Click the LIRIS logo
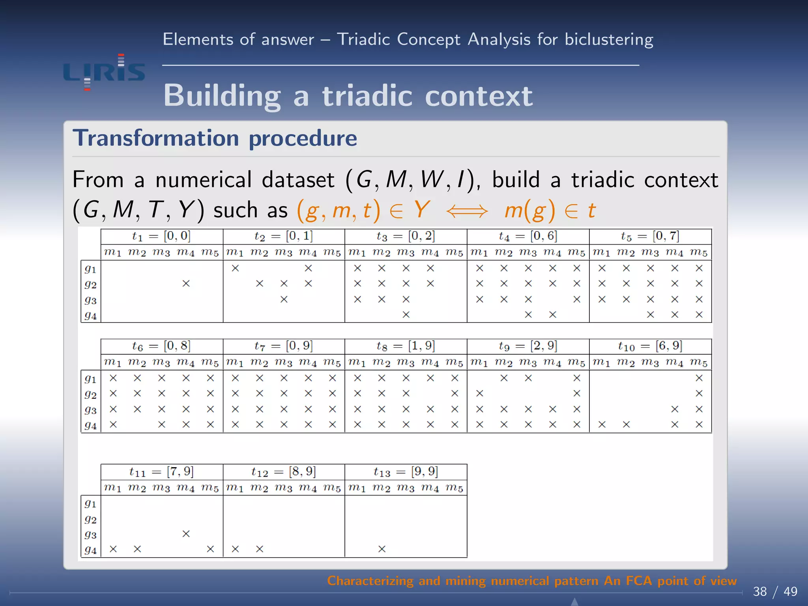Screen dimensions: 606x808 pos(104,72)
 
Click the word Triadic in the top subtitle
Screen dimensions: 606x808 pos(363,39)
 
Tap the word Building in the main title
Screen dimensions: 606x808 pos(222,96)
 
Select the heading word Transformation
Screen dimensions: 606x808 pos(156,138)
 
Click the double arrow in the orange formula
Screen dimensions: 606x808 pos(467,211)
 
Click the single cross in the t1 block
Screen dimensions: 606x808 pos(186,283)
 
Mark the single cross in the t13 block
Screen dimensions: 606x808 pos(382,549)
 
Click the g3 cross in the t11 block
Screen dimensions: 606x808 pos(186,534)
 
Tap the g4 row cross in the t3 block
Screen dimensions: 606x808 pos(406,314)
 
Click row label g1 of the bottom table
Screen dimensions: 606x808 pos(90,504)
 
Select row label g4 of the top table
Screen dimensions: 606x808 pos(90,316)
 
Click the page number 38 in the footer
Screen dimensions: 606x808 pos(760,591)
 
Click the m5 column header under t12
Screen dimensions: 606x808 pos(332,488)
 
